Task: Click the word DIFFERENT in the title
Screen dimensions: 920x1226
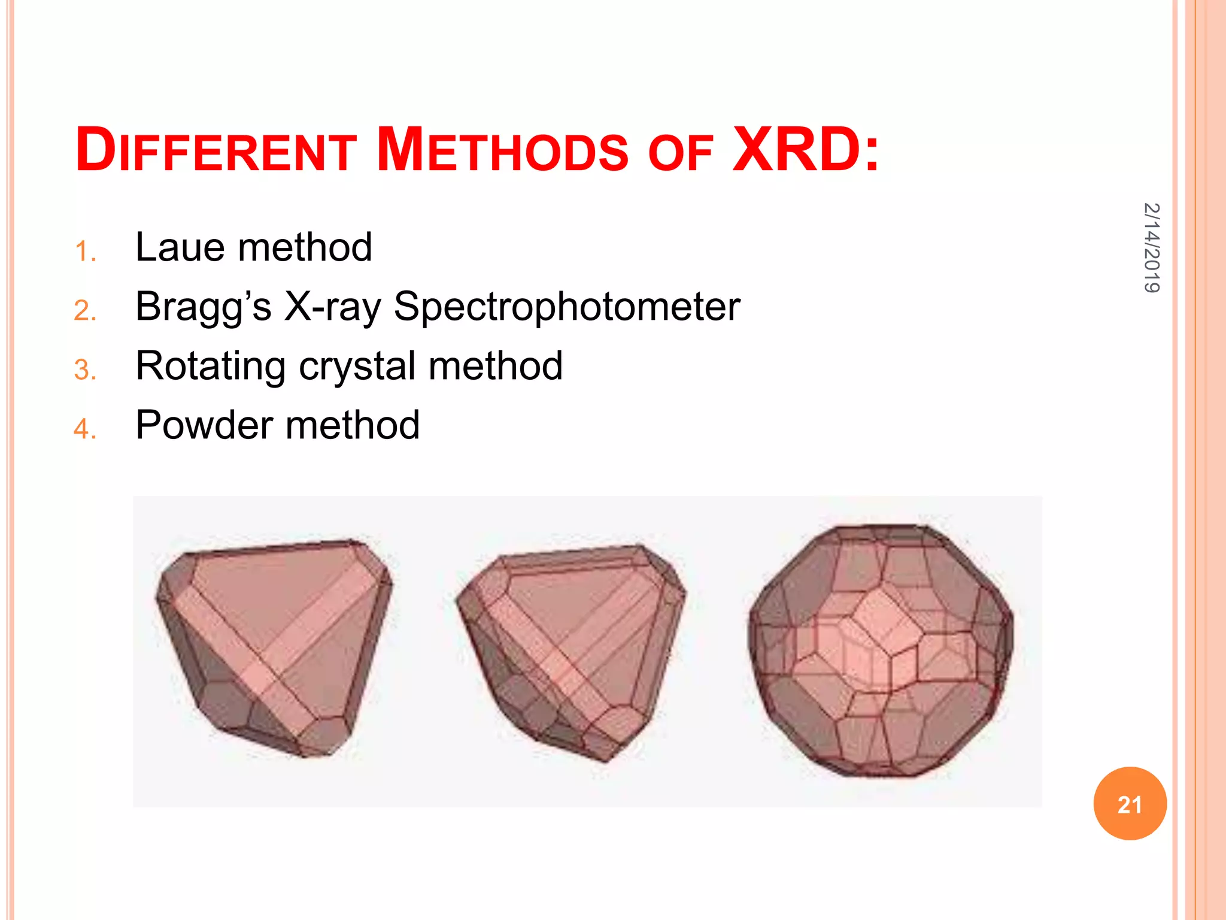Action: (x=216, y=150)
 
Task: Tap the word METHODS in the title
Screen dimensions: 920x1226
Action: (x=502, y=150)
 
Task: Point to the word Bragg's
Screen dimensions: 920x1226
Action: (x=203, y=307)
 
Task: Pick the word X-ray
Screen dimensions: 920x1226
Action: (x=332, y=307)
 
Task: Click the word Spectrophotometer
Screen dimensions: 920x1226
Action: (x=566, y=307)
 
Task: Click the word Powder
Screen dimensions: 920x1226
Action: (x=204, y=425)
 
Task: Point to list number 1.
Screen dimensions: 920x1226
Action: (x=85, y=252)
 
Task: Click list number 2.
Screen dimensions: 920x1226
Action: (x=85, y=311)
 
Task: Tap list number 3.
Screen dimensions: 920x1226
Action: (x=85, y=370)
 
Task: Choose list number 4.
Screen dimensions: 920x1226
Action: (x=85, y=429)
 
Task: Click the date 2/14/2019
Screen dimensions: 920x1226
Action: (x=1151, y=247)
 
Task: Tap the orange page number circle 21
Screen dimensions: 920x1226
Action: (x=1130, y=804)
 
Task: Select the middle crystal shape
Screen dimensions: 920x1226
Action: (x=571, y=650)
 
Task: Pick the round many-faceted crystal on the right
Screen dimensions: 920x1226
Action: (x=880, y=650)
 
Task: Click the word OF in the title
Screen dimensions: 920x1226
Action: (x=680, y=153)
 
